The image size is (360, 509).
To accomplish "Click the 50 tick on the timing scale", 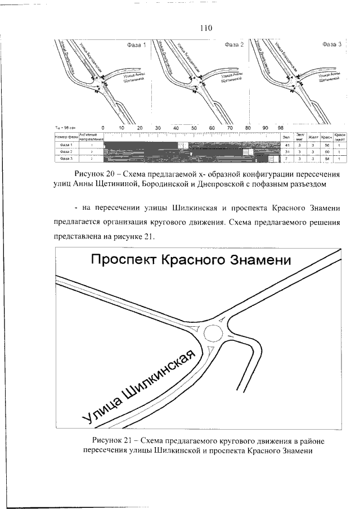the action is point(194,128).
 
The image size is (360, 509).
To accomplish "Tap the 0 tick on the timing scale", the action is point(103,128).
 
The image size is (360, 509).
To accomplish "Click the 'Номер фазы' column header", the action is point(66,137).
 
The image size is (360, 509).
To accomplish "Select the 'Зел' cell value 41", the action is point(286,145).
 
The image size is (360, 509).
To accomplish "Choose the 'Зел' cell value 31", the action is point(286,152).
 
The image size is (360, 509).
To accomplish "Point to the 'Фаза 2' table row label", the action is point(66,152).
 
